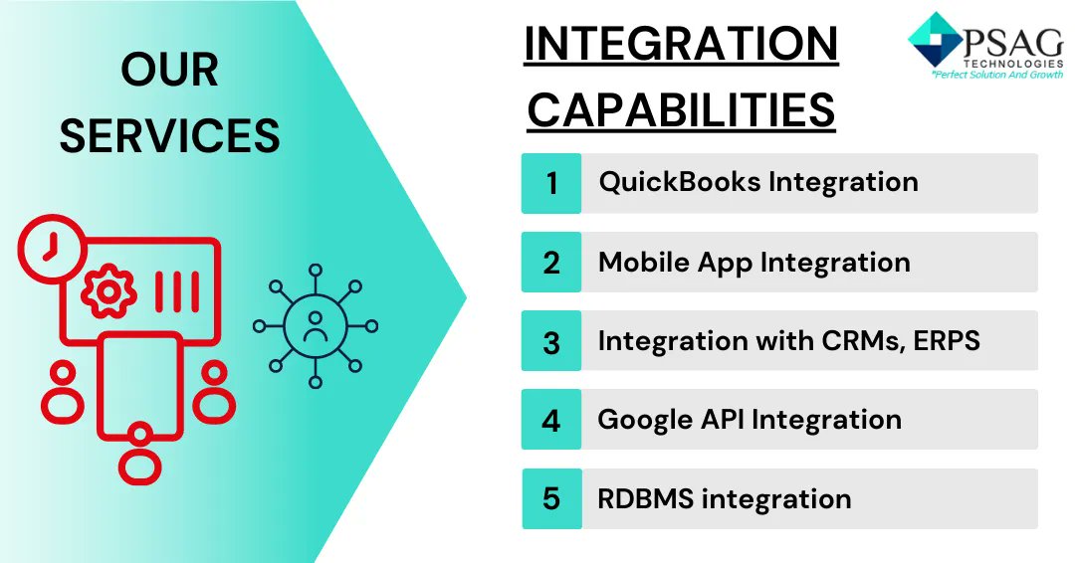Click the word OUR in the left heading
coord(170,71)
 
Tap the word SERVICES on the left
coord(170,135)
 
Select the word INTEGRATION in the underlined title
coord(681,45)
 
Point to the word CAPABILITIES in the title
coord(681,110)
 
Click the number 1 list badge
coord(551,183)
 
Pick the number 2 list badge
coord(551,263)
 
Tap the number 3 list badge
coord(551,341)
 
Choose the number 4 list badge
coord(551,420)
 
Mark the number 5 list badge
coord(551,498)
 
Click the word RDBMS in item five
coord(645,498)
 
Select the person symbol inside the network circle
coord(316,326)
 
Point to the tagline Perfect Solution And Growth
coord(995,75)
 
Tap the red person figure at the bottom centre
coord(140,453)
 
